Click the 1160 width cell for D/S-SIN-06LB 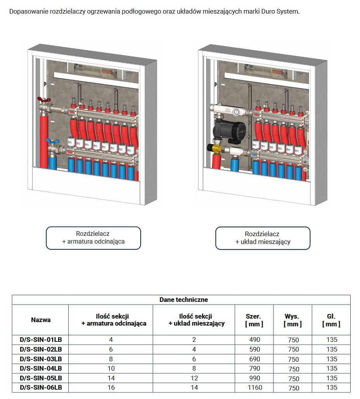tap(254, 387)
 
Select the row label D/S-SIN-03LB tap(41, 359)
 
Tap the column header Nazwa tap(41, 320)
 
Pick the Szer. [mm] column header tap(254, 320)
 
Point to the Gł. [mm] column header tap(331, 320)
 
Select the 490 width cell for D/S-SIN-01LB tap(254, 340)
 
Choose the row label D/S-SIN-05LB tap(41, 378)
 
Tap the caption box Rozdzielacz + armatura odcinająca tap(94, 238)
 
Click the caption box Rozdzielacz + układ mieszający tap(263, 238)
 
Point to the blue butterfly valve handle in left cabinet tap(49, 141)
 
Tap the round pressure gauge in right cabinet tap(236, 112)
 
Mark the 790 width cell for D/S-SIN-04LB tap(254, 368)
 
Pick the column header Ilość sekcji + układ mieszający tap(197, 320)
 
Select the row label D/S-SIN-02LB tap(41, 349)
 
